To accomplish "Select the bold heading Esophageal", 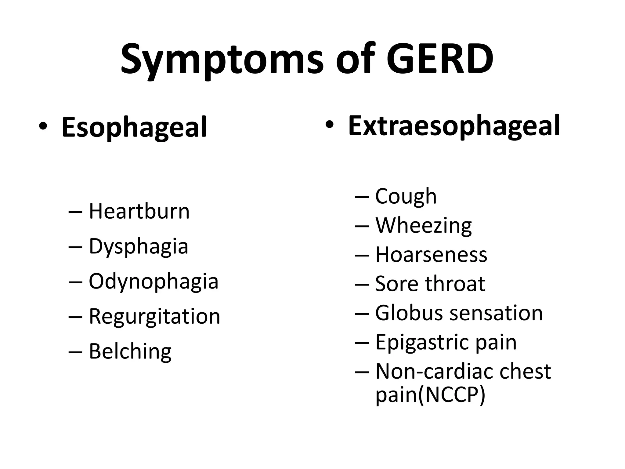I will (134, 127).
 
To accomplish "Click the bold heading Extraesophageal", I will (454, 126).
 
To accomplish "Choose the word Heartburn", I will (139, 211).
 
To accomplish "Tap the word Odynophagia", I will (154, 282).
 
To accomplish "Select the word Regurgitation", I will (154, 316).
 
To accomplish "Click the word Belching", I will (130, 351).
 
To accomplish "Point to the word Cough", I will (406, 196).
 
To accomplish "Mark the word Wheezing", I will (424, 226).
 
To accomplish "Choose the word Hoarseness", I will (431, 255).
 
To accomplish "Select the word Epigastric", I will (422, 343).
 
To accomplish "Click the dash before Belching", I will (75, 352).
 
